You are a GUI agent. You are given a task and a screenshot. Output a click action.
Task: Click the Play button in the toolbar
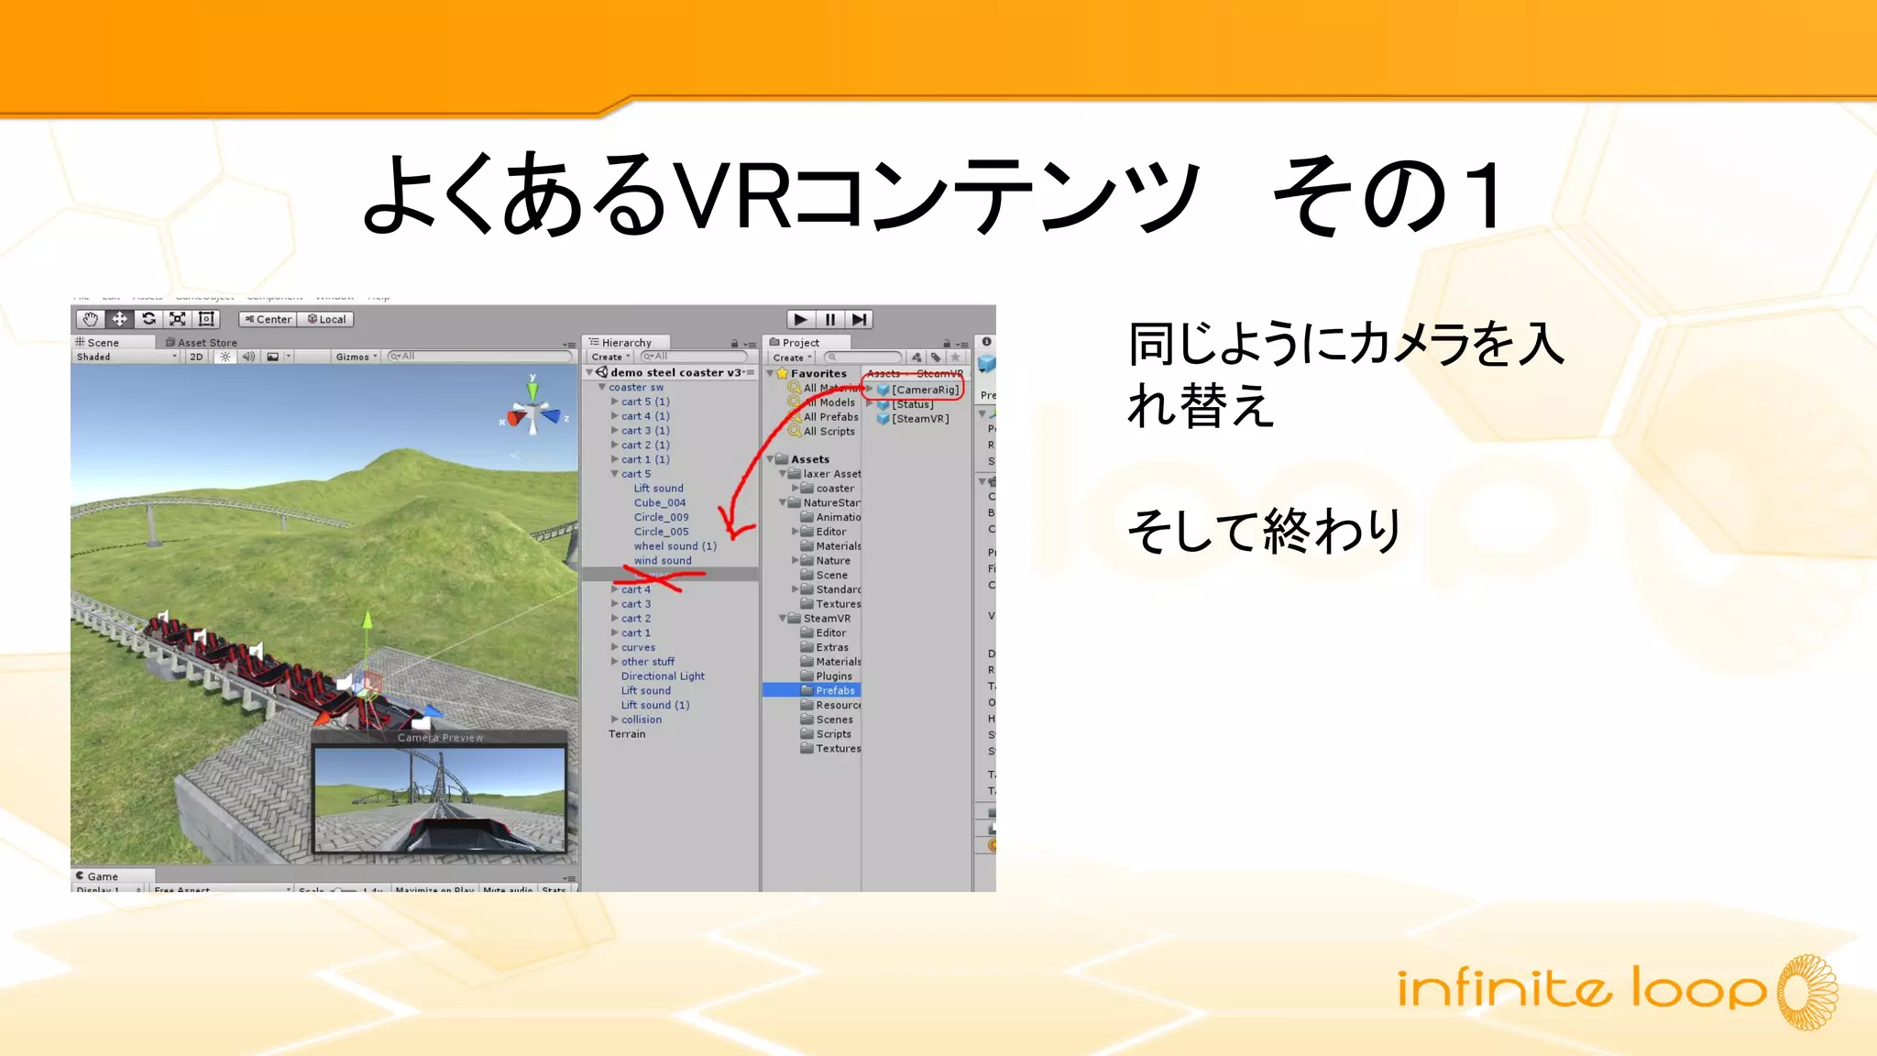pyautogui.click(x=800, y=319)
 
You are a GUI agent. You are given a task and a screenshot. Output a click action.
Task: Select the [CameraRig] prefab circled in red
pyautogui.click(x=924, y=390)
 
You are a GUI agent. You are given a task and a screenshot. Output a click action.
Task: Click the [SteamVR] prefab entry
pyautogui.click(x=919, y=419)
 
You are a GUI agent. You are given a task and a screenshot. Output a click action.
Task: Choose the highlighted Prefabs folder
pyautogui.click(x=834, y=690)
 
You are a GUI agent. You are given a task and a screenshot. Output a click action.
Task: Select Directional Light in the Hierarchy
pyautogui.click(x=663, y=676)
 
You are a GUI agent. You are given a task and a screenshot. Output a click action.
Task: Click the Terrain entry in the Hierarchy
pyautogui.click(x=627, y=734)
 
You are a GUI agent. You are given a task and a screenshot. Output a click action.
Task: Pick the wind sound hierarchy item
pyautogui.click(x=663, y=561)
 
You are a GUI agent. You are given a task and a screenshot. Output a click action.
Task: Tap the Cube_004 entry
pyautogui.click(x=660, y=503)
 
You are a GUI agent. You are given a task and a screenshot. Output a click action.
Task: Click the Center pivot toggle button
pyautogui.click(x=268, y=319)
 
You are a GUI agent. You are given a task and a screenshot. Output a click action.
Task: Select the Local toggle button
pyautogui.click(x=327, y=319)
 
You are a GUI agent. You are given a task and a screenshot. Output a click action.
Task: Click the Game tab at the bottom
pyautogui.click(x=102, y=876)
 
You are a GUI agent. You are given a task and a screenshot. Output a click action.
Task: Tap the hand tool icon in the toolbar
pyautogui.click(x=90, y=319)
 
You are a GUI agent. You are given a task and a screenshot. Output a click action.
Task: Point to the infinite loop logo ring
pyautogui.click(x=1806, y=993)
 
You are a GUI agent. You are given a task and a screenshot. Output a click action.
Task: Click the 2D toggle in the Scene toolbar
pyautogui.click(x=196, y=357)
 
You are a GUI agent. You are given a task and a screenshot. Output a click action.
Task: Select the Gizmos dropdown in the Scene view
pyautogui.click(x=356, y=357)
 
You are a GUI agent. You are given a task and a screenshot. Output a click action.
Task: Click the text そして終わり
pyautogui.click(x=1264, y=532)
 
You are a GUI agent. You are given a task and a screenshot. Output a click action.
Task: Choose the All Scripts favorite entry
pyautogui.click(x=829, y=432)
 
